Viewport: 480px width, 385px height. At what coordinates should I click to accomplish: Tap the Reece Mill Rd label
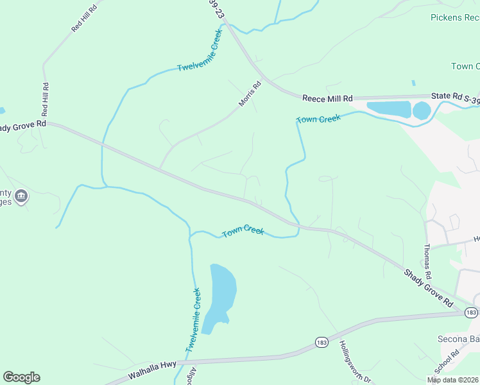tap(328, 98)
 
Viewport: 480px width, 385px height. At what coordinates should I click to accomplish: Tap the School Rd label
tap(447, 363)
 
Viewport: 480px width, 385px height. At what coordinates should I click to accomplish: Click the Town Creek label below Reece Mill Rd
tap(318, 119)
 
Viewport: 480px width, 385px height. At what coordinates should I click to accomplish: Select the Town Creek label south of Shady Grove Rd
tap(243, 232)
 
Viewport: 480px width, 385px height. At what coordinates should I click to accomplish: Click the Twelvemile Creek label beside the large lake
tap(194, 320)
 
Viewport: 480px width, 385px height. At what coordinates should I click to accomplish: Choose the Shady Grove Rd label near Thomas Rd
tap(429, 289)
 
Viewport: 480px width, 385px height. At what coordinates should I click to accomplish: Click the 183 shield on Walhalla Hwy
tap(322, 343)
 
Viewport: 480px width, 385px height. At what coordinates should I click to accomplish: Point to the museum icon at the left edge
tap(21, 196)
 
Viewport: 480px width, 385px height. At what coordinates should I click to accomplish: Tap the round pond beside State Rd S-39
tap(422, 111)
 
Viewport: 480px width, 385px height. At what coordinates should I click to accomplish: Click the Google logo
tap(21, 377)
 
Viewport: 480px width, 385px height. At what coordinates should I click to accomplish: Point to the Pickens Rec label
tap(455, 17)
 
